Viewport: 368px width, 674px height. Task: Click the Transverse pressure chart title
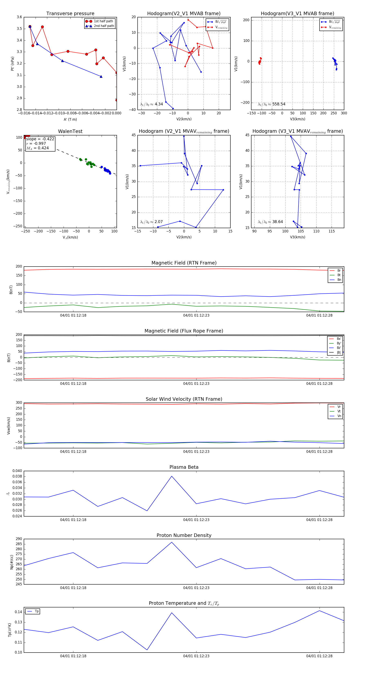point(70,14)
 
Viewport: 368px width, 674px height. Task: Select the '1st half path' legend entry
point(103,21)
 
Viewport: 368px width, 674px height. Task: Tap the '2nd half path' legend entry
point(104,26)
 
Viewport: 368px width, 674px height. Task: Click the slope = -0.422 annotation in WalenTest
point(40,139)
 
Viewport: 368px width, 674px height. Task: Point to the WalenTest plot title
point(70,131)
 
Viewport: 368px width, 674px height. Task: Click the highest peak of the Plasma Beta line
point(172,476)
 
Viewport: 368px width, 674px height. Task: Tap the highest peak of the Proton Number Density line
point(172,542)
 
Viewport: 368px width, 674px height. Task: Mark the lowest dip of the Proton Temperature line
point(147,650)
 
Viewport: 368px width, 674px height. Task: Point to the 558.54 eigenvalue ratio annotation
point(279,104)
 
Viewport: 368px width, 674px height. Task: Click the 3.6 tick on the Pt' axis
point(19,17)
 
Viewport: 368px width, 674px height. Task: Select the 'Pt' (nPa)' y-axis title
point(12,64)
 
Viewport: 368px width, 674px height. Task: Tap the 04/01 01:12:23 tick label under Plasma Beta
point(196,520)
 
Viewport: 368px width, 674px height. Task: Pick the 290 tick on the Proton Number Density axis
point(19,539)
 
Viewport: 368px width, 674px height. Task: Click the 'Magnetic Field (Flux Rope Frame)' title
point(184,331)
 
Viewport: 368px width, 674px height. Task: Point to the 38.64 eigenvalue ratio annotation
point(277,222)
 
